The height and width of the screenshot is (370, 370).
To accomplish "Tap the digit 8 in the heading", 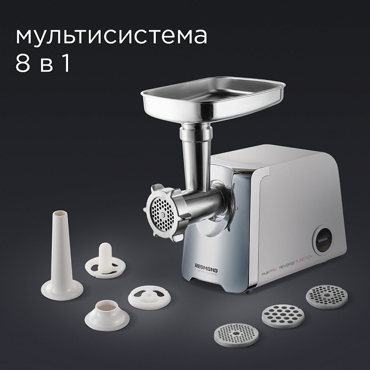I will (23, 64).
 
